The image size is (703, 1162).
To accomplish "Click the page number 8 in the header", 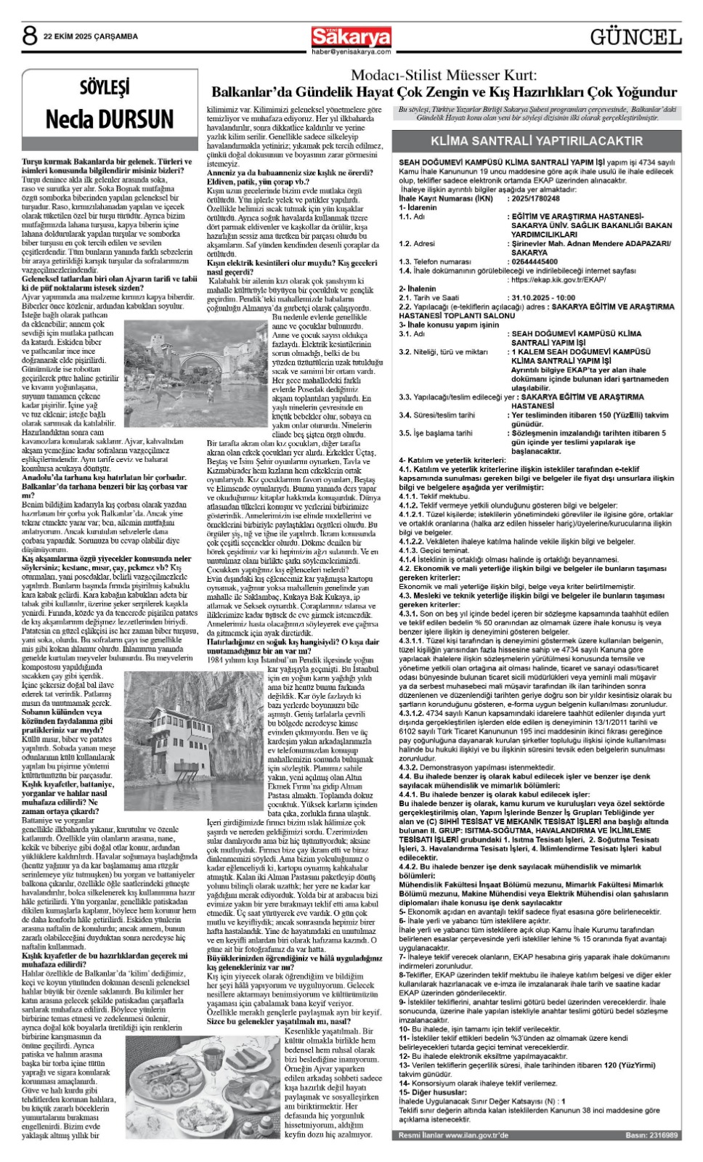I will click(x=30, y=36).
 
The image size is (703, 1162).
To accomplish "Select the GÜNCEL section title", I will click(x=635, y=37).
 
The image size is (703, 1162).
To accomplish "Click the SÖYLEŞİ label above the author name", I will click(x=105, y=89).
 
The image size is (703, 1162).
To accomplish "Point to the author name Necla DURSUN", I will click(x=110, y=119).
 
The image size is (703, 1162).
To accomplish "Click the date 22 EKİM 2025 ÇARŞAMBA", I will click(x=91, y=36).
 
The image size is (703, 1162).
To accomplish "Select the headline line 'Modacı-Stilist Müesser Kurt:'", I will click(x=444, y=76).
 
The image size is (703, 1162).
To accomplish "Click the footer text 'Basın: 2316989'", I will click(x=651, y=1134).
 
